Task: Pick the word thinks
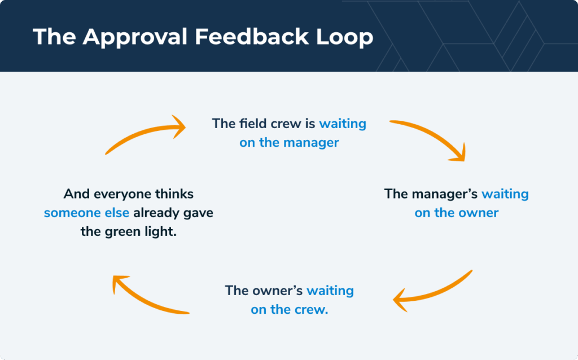pyautogui.click(x=174, y=194)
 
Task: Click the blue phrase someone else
pyautogui.click(x=86, y=213)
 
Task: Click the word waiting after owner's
pyautogui.click(x=330, y=291)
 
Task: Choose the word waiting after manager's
pyautogui.click(x=505, y=194)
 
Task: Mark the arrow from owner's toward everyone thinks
pyautogui.click(x=148, y=296)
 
